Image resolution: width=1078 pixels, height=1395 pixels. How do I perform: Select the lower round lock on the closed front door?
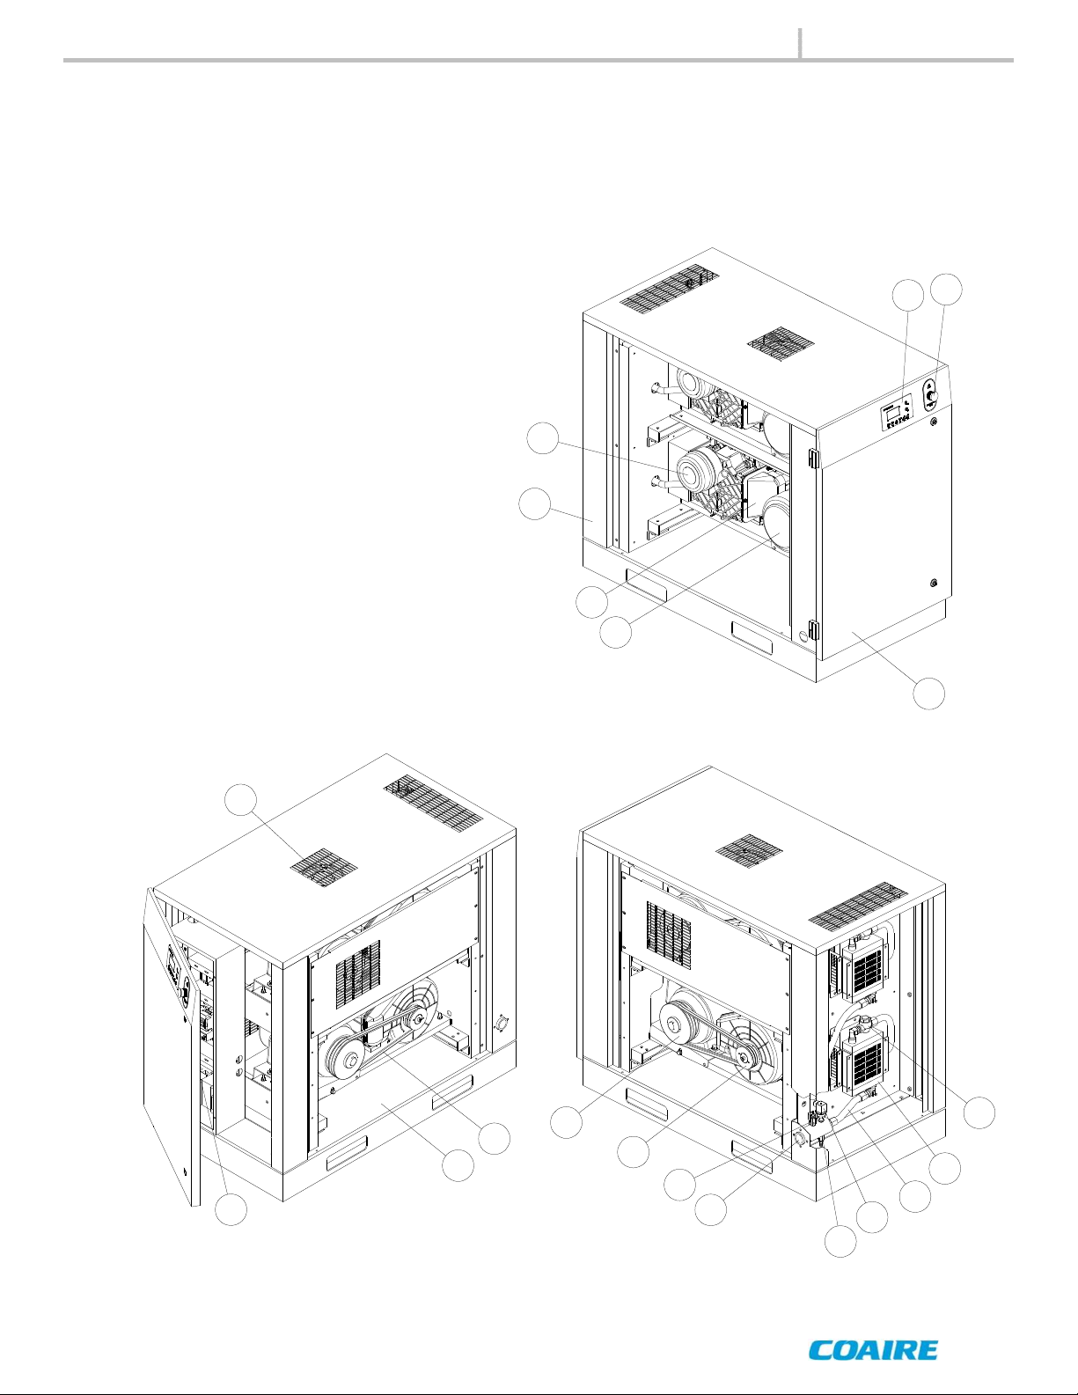pyautogui.click(x=933, y=583)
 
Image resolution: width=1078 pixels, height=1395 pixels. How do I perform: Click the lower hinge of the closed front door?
pyautogui.click(x=812, y=630)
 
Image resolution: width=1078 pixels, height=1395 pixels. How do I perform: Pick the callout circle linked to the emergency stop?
pyautogui.click(x=947, y=290)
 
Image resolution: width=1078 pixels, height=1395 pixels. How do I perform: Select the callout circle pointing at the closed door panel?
pyautogui.click(x=929, y=694)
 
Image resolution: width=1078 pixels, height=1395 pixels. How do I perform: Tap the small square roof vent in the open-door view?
pyautogui.click(x=324, y=864)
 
